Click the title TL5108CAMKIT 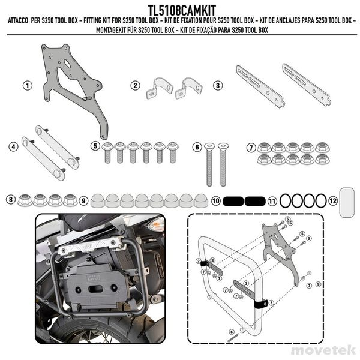179,9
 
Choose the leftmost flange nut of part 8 26,200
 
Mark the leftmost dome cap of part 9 98,200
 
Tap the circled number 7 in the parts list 251,147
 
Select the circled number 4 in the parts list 13,146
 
